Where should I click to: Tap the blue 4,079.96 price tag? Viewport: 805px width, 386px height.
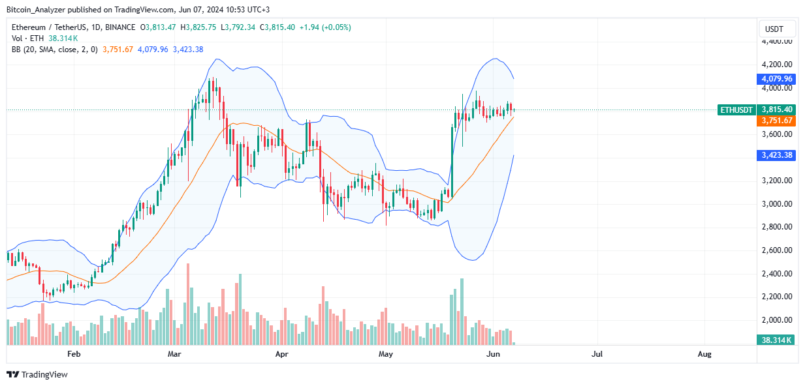[x=776, y=79]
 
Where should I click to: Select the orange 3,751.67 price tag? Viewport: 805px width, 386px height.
[x=776, y=121]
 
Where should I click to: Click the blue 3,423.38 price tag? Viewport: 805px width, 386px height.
[x=776, y=155]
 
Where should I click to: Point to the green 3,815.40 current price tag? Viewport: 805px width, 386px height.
[x=776, y=110]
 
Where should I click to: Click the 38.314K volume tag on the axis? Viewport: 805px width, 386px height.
[x=776, y=340]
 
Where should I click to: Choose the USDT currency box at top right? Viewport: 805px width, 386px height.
[x=776, y=29]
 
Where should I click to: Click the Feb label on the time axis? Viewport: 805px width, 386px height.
[x=74, y=354]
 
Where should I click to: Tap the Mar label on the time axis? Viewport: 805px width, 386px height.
[x=174, y=354]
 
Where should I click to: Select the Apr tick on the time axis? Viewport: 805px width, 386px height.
[x=281, y=354]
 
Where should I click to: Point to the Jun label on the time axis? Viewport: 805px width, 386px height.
[x=494, y=354]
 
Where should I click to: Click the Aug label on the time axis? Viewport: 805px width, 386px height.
[x=704, y=354]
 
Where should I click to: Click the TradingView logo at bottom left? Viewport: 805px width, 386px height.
[x=37, y=375]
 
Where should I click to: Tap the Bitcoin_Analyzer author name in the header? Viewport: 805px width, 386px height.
[x=39, y=10]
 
